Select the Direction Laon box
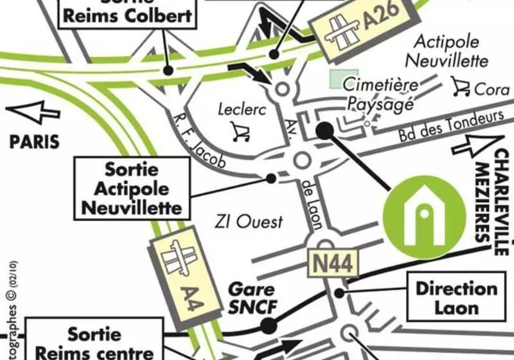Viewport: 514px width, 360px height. pyautogui.click(x=456, y=298)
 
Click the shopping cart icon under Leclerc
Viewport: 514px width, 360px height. pyautogui.click(x=240, y=132)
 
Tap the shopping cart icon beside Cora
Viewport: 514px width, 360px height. pyautogui.click(x=460, y=85)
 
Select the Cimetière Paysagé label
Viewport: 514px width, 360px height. pyautogui.click(x=380, y=94)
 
